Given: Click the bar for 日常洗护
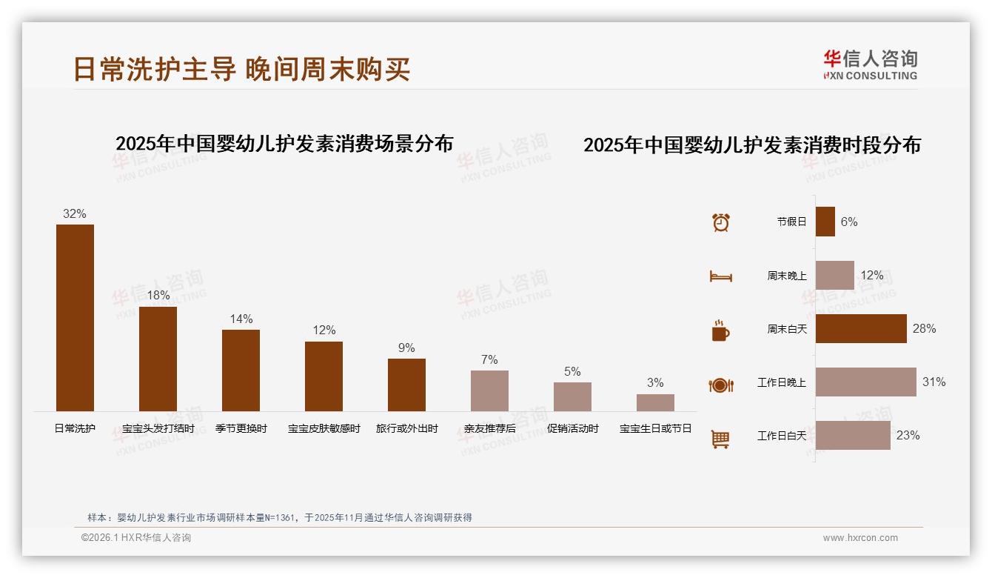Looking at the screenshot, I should (75, 317).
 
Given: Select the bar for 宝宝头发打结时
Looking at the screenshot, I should (158, 359).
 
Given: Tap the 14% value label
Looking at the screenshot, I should (241, 319).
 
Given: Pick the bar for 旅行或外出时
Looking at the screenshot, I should (406, 385).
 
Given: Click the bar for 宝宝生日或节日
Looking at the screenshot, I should (655, 402).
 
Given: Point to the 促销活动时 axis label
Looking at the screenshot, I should (572, 428).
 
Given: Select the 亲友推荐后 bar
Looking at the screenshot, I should (489, 391).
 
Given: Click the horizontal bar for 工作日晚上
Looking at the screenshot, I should (865, 382).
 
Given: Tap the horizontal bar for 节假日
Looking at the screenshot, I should (825, 222).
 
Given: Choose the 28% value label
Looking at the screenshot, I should (924, 328).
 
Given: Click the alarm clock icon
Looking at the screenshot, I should (720, 222).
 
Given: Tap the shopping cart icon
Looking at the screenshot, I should (720, 439).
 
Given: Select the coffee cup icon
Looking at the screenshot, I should (720, 330).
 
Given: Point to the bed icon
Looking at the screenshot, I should (720, 276).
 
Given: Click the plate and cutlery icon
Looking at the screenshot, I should (720, 385).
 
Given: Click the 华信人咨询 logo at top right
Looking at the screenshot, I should (870, 64).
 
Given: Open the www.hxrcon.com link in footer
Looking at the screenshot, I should (860, 538).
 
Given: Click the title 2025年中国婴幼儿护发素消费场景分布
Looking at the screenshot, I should (284, 144).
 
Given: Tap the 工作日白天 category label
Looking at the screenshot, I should (781, 436).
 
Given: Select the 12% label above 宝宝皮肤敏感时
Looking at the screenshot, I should (324, 330).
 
